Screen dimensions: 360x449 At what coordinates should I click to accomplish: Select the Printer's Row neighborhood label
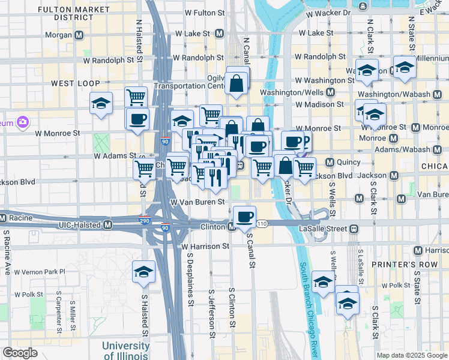[399, 265]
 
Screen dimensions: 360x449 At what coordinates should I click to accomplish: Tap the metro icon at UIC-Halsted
[108, 225]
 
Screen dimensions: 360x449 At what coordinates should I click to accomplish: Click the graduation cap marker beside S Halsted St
[143, 271]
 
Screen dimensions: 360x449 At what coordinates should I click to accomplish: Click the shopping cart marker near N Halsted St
[136, 97]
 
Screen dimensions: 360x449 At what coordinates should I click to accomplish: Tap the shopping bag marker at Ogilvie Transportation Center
[237, 83]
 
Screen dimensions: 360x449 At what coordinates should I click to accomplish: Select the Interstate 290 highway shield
[144, 222]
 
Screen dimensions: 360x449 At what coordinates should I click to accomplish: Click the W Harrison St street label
[205, 247]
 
